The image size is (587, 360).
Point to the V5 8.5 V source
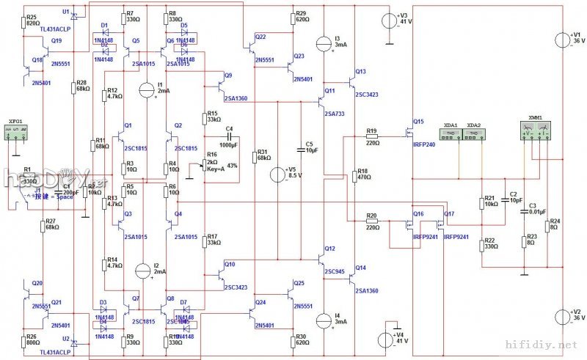(277, 175)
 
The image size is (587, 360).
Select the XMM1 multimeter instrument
(535, 131)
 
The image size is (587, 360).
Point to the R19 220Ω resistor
(372, 136)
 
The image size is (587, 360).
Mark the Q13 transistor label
(360, 72)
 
